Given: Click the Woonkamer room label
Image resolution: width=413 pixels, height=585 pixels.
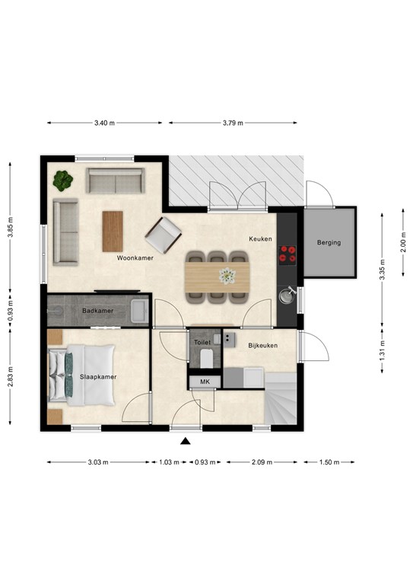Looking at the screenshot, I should (x=135, y=258).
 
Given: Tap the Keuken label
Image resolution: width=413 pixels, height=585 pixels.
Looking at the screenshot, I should (x=260, y=238).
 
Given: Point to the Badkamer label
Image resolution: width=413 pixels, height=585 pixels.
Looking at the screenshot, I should (x=97, y=311).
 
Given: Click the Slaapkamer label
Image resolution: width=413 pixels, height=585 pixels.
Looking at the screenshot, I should (x=97, y=377).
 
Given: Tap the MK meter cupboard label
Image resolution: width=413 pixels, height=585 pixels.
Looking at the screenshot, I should (x=205, y=382).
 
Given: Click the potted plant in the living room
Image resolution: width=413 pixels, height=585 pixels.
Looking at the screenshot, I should (x=63, y=181).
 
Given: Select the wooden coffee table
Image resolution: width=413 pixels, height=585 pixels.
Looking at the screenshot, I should (x=113, y=230).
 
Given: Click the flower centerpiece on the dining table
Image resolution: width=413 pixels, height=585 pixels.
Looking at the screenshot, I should (x=227, y=275).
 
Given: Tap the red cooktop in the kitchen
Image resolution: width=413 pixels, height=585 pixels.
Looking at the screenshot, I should (x=288, y=254).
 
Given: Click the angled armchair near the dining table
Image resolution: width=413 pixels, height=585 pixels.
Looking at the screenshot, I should (x=164, y=235).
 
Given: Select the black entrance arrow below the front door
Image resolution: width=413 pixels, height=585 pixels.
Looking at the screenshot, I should (x=185, y=440).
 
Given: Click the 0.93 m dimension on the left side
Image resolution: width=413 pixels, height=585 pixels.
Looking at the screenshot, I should (x=10, y=310).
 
